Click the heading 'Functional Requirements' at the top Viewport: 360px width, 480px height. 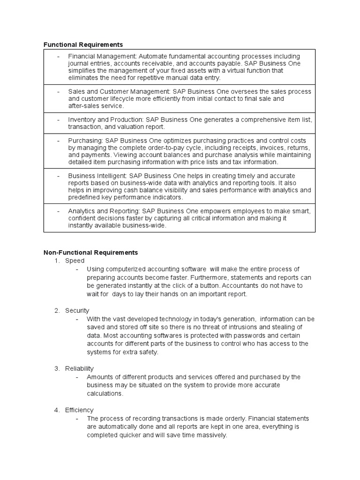[x=83, y=45]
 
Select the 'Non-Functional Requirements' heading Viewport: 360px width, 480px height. [x=90, y=252]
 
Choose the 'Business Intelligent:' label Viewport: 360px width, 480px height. [x=97, y=176]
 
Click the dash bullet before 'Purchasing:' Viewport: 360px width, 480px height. [x=58, y=141]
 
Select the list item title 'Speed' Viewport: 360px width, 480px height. [x=75, y=261]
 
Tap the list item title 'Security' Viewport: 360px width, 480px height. [x=77, y=310]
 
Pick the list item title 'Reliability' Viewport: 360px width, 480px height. [x=79, y=368]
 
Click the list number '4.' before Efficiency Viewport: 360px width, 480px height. [x=57, y=410]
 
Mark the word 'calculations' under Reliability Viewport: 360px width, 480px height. [x=104, y=394]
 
